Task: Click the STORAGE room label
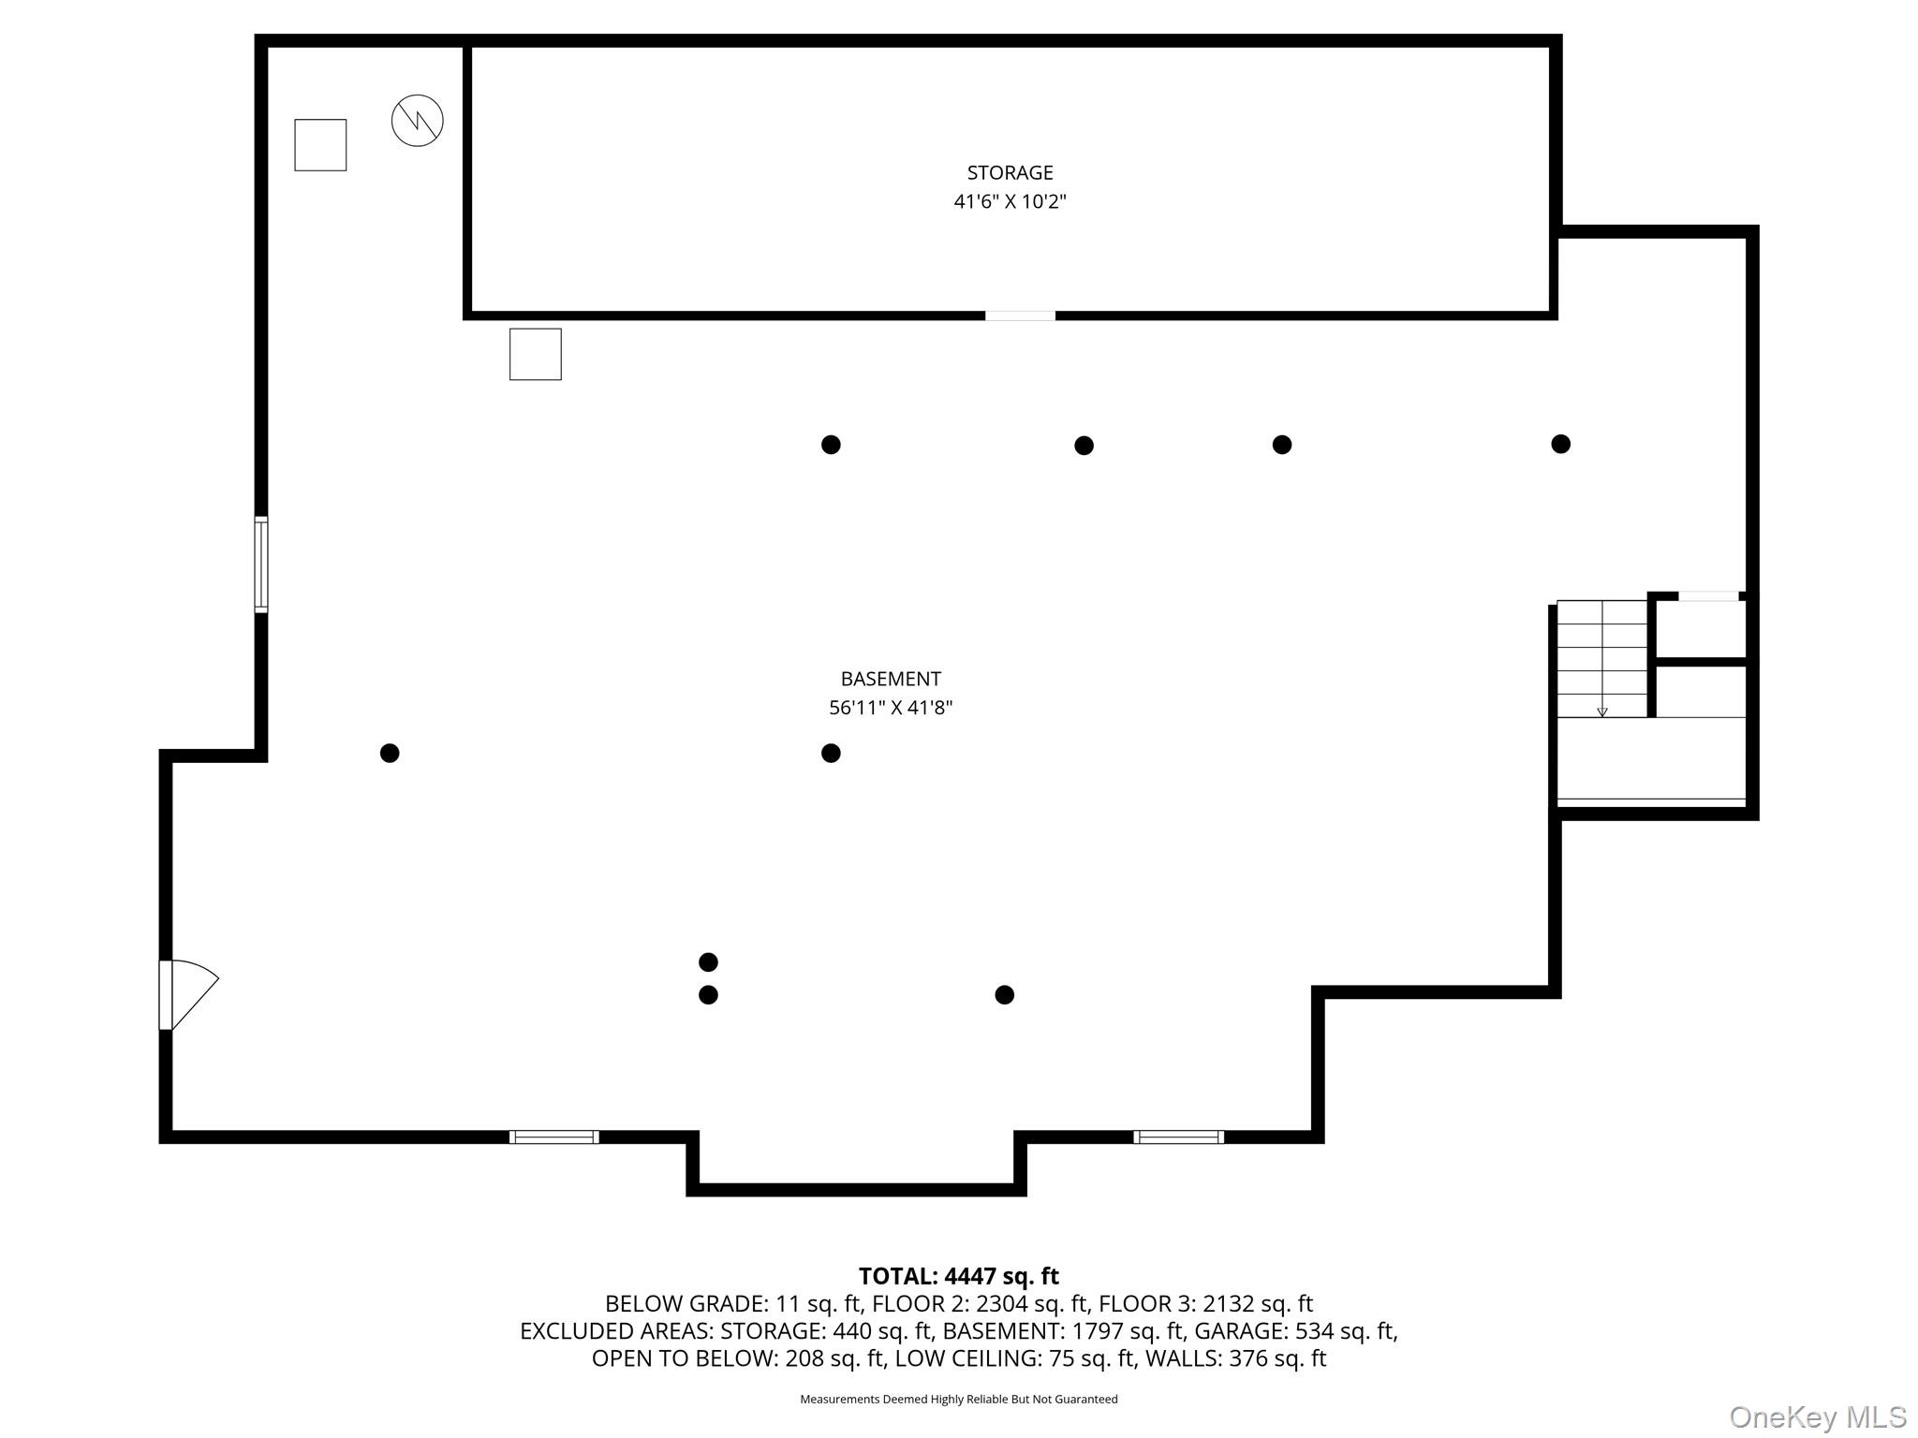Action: coord(1010,172)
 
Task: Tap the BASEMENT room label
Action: coord(890,679)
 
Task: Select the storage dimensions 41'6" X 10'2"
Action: coord(1010,201)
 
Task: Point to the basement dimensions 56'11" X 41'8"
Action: coord(890,708)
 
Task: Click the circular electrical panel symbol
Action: coord(417,121)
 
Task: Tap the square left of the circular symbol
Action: coord(320,145)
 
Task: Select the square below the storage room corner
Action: coord(535,354)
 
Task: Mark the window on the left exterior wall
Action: coord(261,565)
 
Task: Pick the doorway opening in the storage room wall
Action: coord(1020,315)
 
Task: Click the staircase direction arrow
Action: coord(1601,712)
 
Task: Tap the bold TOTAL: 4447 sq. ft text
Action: coord(958,1276)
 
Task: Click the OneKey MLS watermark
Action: coord(1817,1416)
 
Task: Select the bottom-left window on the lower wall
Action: coord(553,1137)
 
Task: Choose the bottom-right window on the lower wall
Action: coord(1178,1137)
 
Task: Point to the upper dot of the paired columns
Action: coord(708,961)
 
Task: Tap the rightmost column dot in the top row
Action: coord(1560,444)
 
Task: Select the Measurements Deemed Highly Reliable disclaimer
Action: coord(958,1399)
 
